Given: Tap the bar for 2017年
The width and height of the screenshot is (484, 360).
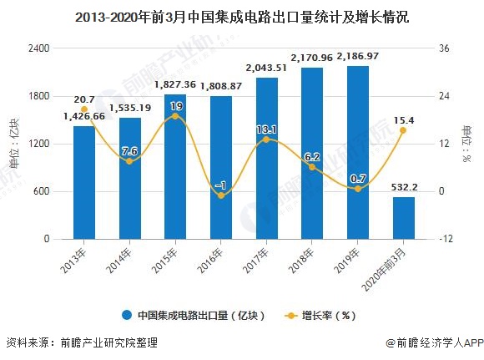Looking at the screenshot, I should (266, 159).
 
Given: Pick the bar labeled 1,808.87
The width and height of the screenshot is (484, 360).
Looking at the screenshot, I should (220, 167).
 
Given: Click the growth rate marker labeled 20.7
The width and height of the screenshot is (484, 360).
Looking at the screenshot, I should (83, 109).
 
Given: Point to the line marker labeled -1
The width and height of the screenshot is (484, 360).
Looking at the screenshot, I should (220, 195).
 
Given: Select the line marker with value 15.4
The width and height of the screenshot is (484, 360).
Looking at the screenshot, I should (403, 130).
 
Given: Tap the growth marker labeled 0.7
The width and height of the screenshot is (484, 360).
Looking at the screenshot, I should (357, 189).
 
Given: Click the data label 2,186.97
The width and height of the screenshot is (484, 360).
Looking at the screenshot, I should (357, 57).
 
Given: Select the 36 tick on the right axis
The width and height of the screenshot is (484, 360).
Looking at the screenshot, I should (444, 48).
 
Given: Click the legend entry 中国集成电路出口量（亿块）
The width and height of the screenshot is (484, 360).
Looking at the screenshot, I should (194, 316).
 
